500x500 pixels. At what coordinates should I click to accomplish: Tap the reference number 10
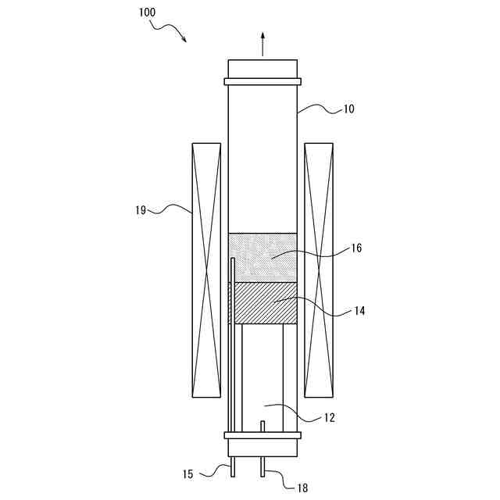(x=348, y=109)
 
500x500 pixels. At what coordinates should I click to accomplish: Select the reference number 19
(x=141, y=209)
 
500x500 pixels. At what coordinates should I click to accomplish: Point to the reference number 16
(x=356, y=248)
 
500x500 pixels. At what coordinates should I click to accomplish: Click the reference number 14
(x=359, y=311)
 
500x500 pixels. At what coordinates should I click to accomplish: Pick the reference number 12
(x=329, y=418)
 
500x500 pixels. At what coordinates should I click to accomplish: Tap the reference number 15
(x=188, y=473)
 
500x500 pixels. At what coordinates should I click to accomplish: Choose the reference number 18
(x=302, y=487)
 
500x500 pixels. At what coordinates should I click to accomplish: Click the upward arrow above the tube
(x=262, y=43)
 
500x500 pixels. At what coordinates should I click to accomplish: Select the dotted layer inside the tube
(x=262, y=257)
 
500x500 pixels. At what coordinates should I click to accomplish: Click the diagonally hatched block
(x=262, y=303)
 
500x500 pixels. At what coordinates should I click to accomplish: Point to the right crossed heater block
(x=318, y=269)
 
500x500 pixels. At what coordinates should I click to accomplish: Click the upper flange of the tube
(x=262, y=81)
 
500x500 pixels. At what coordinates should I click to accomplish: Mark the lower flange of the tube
(x=262, y=435)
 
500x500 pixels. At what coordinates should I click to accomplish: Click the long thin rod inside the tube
(x=233, y=352)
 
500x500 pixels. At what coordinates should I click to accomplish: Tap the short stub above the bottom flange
(x=262, y=426)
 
